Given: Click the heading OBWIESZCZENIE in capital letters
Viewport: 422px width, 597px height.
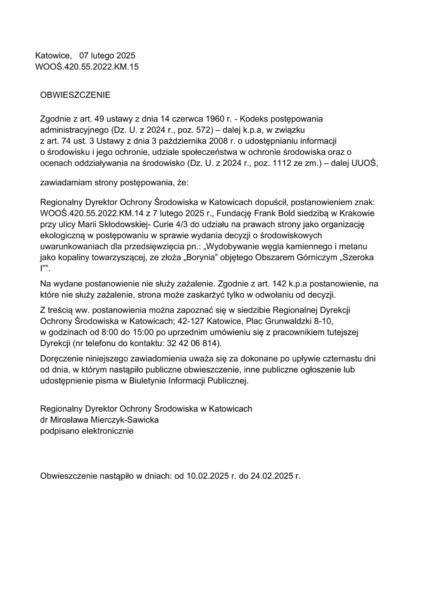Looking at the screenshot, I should [x=75, y=95].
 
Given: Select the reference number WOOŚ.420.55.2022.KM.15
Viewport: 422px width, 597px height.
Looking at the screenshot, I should [x=87, y=66].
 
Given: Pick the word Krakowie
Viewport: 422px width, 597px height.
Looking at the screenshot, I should [x=357, y=214].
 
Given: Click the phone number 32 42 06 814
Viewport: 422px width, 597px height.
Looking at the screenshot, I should [x=192, y=343].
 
